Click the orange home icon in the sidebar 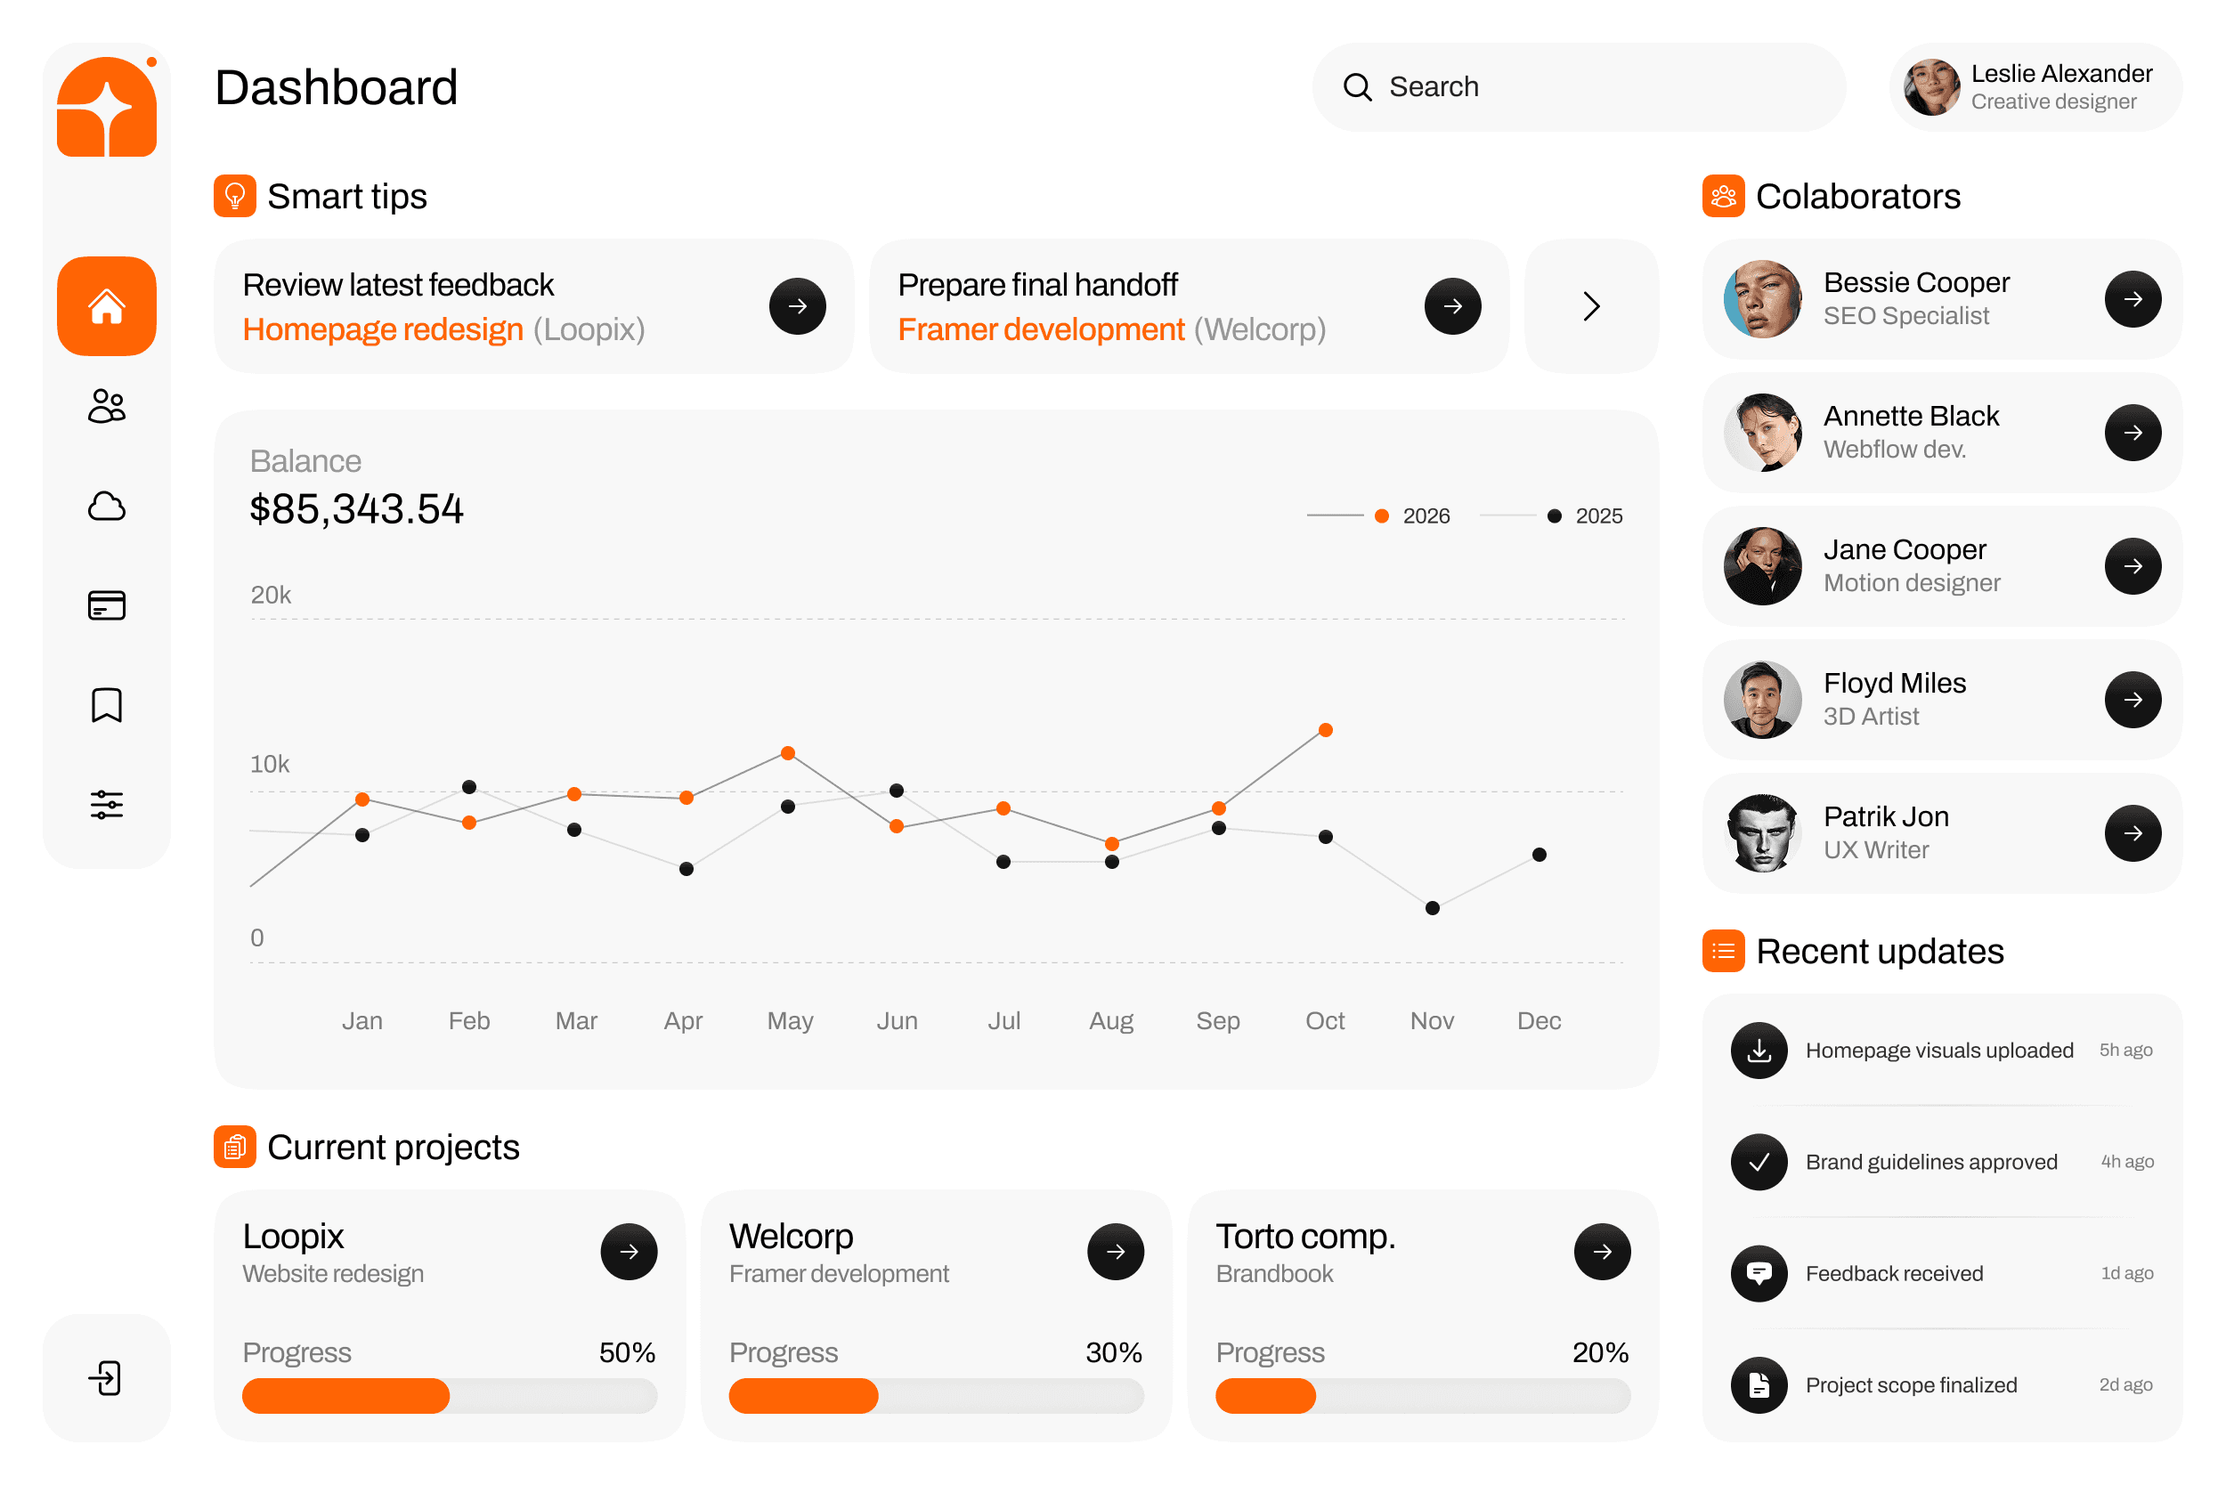pos(106,306)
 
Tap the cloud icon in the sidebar pos(106,507)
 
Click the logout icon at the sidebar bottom pos(106,1377)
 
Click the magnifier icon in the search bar pos(1356,87)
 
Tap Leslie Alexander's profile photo pos(1930,87)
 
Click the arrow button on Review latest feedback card pos(797,306)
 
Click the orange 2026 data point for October pos(1325,730)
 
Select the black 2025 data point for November pos(1433,908)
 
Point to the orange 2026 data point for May pos(787,753)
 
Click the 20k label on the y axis pos(270,595)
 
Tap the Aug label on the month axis pos(1110,1021)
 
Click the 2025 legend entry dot pos(1554,516)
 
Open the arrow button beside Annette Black pos(2133,433)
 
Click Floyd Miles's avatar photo pos(1762,700)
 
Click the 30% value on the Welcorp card pos(1113,1352)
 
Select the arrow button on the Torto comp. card pos(1602,1252)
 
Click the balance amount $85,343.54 pos(356,509)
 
